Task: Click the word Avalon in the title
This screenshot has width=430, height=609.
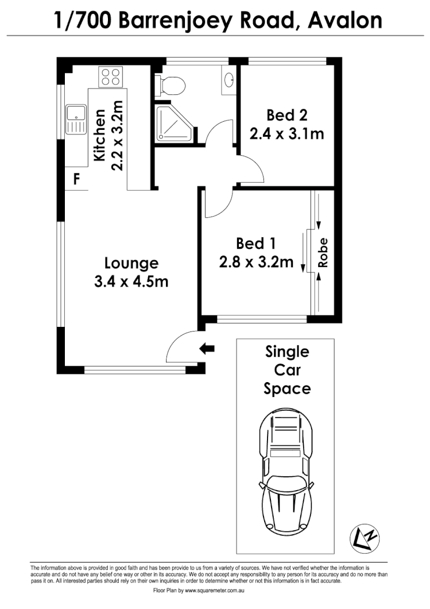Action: [x=344, y=21]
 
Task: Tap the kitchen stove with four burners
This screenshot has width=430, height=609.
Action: [x=111, y=77]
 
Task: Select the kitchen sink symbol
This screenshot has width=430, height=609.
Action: [x=75, y=119]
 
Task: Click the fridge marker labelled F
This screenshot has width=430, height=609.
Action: [x=75, y=180]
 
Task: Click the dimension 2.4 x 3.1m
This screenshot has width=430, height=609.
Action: [x=286, y=134]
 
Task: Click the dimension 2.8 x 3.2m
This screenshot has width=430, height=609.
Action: [x=256, y=262]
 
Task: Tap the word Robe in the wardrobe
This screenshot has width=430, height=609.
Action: [x=323, y=253]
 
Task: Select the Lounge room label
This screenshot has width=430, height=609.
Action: [x=131, y=263]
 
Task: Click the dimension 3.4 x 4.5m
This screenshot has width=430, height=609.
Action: [x=131, y=282]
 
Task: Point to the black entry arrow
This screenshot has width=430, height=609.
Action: [x=206, y=348]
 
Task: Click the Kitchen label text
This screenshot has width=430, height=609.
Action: [x=100, y=136]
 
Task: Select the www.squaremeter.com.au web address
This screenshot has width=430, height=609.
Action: [x=212, y=591]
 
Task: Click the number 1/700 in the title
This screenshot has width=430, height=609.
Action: [x=84, y=21]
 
